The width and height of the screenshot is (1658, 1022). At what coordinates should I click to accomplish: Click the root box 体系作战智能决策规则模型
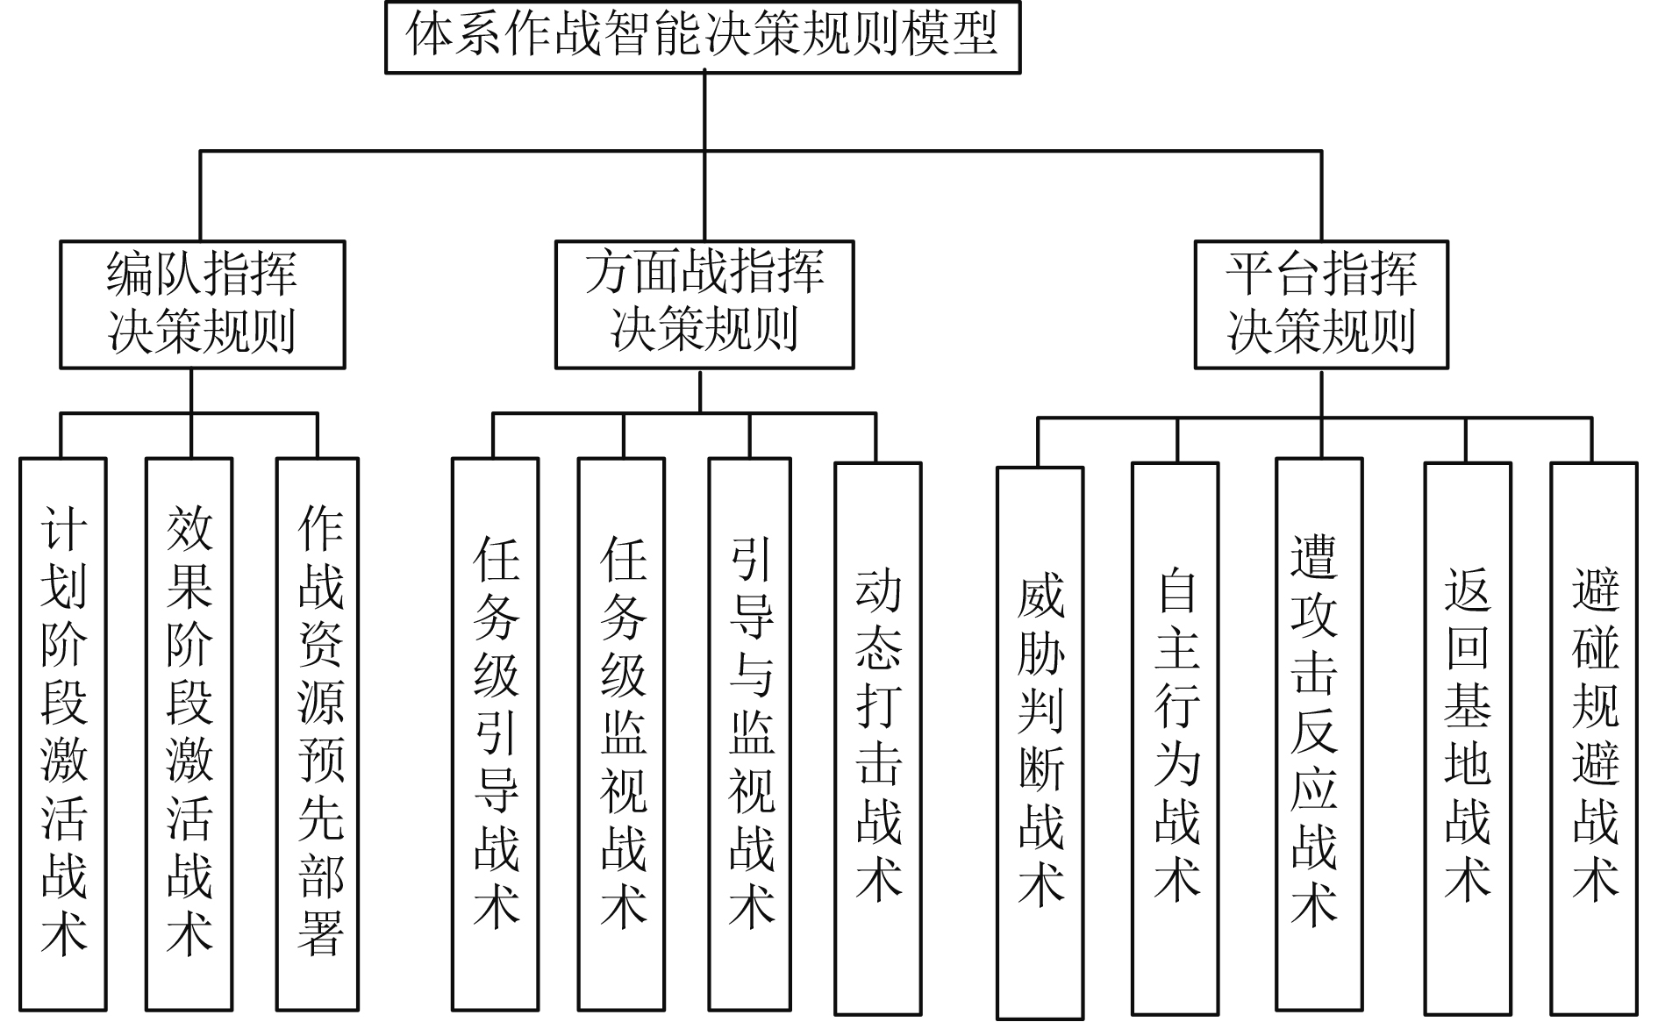[x=703, y=37]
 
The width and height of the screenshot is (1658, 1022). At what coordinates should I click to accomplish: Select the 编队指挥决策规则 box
[x=202, y=304]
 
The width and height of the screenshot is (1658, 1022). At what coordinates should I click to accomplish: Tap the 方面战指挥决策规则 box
[x=704, y=304]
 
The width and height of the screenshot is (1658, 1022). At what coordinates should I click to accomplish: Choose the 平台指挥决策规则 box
[x=1320, y=304]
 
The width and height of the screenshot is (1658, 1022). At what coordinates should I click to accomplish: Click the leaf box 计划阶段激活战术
[x=63, y=733]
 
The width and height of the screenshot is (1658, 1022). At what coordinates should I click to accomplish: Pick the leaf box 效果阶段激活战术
[x=189, y=733]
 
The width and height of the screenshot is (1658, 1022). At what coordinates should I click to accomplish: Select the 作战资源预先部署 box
[x=318, y=733]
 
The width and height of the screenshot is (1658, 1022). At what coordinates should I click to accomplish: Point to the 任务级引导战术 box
[x=496, y=733]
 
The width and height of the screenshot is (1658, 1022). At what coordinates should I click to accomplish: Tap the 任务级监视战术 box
[x=622, y=733]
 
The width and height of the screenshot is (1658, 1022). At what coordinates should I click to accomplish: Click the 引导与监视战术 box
[x=750, y=733]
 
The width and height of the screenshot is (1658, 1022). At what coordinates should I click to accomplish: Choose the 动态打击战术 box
[x=877, y=737]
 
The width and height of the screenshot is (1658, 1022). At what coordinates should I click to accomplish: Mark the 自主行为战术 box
[x=1176, y=737]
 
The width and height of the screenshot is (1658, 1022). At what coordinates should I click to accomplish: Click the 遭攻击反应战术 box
[x=1319, y=733]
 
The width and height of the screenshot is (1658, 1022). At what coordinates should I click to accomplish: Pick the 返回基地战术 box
[x=1467, y=737]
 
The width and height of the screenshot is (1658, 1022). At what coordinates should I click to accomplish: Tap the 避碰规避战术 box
[x=1594, y=737]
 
